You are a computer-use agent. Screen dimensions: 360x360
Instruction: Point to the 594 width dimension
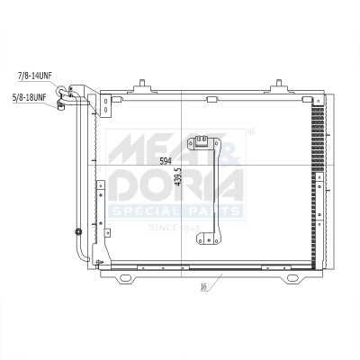point(165,161)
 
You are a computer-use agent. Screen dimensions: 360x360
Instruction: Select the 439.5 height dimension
point(178,175)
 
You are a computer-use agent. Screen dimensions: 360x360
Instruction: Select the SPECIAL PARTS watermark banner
point(175,211)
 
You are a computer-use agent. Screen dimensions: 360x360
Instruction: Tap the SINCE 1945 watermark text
point(175,228)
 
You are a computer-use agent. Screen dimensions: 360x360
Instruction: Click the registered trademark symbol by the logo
point(249,133)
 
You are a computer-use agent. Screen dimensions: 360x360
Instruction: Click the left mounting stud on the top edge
point(141,88)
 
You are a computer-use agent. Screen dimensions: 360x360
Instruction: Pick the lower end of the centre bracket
point(210,238)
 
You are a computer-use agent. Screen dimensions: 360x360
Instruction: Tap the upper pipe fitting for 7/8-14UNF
point(62,90)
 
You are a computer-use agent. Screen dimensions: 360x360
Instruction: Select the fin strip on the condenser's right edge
point(317,180)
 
